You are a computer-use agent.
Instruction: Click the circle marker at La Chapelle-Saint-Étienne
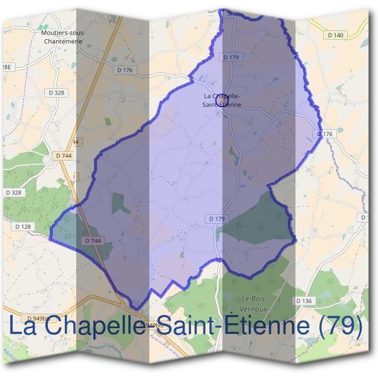tap(221, 100)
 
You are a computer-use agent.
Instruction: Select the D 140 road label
tap(336, 35)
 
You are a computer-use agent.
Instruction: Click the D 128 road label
tap(22, 226)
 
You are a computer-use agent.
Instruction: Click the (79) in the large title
tap(341, 326)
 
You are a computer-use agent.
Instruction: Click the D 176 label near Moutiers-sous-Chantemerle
tap(125, 70)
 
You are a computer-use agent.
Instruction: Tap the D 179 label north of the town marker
tap(231, 57)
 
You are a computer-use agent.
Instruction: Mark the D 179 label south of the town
tap(216, 219)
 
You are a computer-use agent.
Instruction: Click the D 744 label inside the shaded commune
tap(92, 241)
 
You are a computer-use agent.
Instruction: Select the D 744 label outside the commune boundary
tap(64, 155)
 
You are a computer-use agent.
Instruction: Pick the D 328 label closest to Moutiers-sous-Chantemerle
tap(56, 93)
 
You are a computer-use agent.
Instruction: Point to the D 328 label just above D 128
tap(13, 192)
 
